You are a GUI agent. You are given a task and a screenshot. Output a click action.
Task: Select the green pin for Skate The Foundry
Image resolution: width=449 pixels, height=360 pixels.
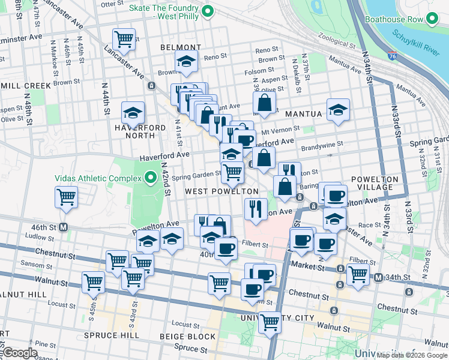(x=208, y=11)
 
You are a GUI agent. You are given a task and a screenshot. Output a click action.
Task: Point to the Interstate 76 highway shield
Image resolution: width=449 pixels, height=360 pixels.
(x=392, y=56)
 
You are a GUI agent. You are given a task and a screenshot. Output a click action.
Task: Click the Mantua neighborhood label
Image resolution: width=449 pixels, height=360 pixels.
(x=304, y=113)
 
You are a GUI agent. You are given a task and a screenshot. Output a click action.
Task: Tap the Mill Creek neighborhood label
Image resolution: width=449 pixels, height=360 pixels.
(x=26, y=85)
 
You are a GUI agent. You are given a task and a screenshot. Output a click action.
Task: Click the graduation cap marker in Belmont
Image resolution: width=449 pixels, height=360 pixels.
(x=187, y=61)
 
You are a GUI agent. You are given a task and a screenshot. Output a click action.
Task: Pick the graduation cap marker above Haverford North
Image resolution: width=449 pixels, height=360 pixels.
(x=133, y=112)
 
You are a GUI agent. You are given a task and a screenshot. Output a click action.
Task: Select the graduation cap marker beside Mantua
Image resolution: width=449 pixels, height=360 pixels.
(x=339, y=109)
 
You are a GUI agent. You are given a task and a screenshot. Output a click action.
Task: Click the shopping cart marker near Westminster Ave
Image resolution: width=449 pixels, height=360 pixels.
(x=124, y=39)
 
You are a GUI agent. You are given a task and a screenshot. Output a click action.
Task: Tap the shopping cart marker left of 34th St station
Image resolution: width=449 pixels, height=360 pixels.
(x=358, y=274)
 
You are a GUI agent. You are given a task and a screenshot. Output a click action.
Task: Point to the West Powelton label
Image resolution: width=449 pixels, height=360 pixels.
(x=221, y=191)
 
